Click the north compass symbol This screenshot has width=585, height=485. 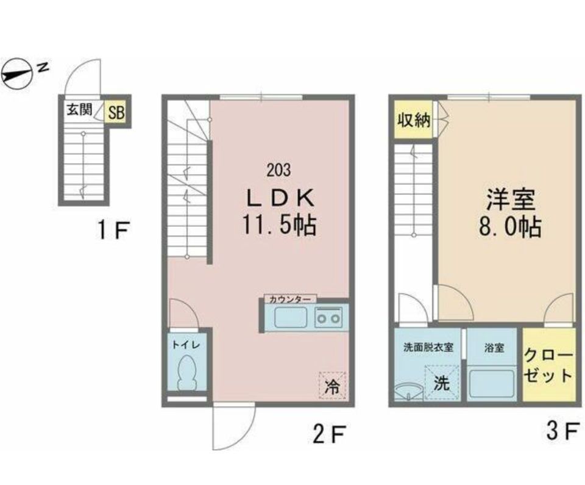click(17, 74)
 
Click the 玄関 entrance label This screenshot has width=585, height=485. click(79, 109)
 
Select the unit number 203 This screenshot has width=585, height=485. click(278, 170)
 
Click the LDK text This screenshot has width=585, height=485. click(280, 198)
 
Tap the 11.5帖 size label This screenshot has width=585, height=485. click(280, 225)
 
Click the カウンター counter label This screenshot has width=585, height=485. click(290, 300)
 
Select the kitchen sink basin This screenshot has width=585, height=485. click(291, 317)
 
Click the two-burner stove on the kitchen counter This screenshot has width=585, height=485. click(328, 317)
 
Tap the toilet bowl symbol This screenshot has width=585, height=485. click(186, 373)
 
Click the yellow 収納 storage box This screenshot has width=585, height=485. click(413, 120)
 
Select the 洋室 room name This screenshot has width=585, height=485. click(511, 200)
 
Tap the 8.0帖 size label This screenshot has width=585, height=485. click(510, 226)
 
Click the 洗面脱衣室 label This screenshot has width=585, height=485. click(428, 348)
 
